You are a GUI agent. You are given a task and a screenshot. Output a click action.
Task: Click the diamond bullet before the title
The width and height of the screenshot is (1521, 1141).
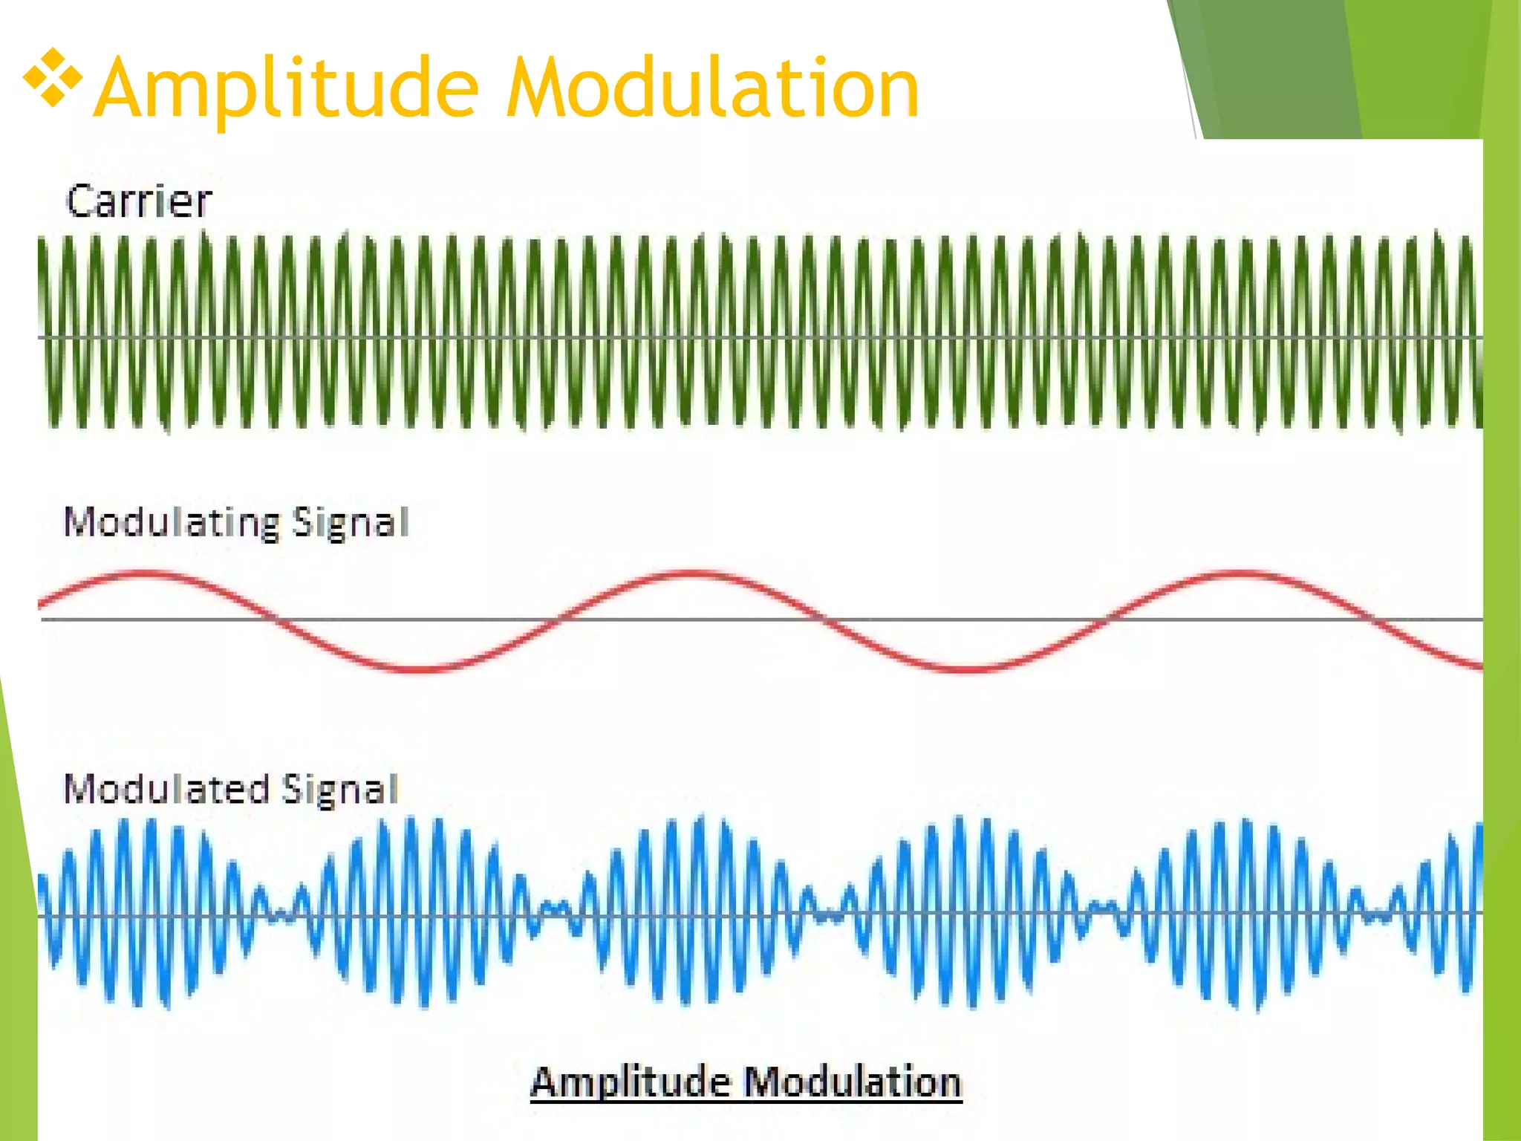[x=52, y=77]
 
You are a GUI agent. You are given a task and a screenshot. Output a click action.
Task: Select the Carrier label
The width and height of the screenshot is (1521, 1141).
[x=139, y=201]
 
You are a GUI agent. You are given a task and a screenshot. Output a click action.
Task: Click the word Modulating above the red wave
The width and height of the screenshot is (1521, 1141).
[x=172, y=522]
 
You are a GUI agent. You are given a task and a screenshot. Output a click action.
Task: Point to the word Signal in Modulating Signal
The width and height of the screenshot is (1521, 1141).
[x=350, y=522]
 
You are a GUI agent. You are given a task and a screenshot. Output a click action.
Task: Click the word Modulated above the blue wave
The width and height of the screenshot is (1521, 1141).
[x=166, y=789]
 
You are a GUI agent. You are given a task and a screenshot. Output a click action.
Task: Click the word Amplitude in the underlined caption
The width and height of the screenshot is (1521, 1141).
[x=631, y=1082]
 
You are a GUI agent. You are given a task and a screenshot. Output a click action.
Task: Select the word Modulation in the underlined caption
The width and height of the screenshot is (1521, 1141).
[x=853, y=1082]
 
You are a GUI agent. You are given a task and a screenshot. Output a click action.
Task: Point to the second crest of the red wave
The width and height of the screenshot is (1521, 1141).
[x=691, y=573]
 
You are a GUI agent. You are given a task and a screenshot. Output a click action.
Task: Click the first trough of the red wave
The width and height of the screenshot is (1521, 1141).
[x=420, y=669]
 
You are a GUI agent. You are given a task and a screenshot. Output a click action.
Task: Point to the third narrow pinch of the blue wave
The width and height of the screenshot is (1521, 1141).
[x=828, y=914]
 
